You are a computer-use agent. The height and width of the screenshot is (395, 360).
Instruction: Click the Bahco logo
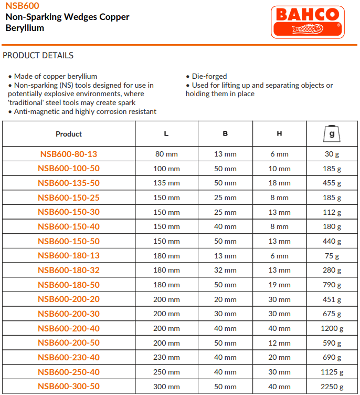coord(308,22)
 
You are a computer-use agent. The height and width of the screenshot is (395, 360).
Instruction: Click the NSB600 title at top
coord(20,6)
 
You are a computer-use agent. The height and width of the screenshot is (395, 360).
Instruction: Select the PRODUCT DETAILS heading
coord(38,56)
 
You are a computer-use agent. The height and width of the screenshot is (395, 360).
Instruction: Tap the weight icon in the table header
coord(332,134)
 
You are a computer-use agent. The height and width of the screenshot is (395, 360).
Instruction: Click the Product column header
coord(69,134)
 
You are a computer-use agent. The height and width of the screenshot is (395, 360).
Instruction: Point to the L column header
coord(166,134)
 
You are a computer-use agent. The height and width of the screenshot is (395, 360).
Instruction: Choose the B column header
coord(225,134)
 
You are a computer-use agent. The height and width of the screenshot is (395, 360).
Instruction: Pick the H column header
coord(279,134)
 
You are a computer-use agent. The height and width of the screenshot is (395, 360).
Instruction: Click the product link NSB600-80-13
coord(69,154)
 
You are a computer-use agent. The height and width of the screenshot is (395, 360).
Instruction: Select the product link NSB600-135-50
coord(69,183)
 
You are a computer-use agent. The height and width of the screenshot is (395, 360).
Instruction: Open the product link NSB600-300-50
coord(69,387)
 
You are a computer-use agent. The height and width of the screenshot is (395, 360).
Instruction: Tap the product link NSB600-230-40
coord(69,358)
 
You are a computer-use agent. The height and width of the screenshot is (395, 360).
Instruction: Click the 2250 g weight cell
coord(332,387)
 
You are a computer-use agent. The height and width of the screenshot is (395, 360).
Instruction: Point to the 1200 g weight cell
coord(332,329)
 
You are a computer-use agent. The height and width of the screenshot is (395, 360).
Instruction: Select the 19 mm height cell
coord(279,285)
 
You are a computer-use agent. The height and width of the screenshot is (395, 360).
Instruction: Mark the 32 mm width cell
coord(225,271)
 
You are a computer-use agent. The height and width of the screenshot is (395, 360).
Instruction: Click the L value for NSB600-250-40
coord(166,372)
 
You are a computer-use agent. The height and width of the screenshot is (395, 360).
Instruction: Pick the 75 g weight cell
coord(332,256)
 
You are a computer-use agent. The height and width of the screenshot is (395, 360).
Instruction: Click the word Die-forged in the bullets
coord(209,76)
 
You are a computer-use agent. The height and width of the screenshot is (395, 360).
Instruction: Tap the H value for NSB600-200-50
coord(279,344)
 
